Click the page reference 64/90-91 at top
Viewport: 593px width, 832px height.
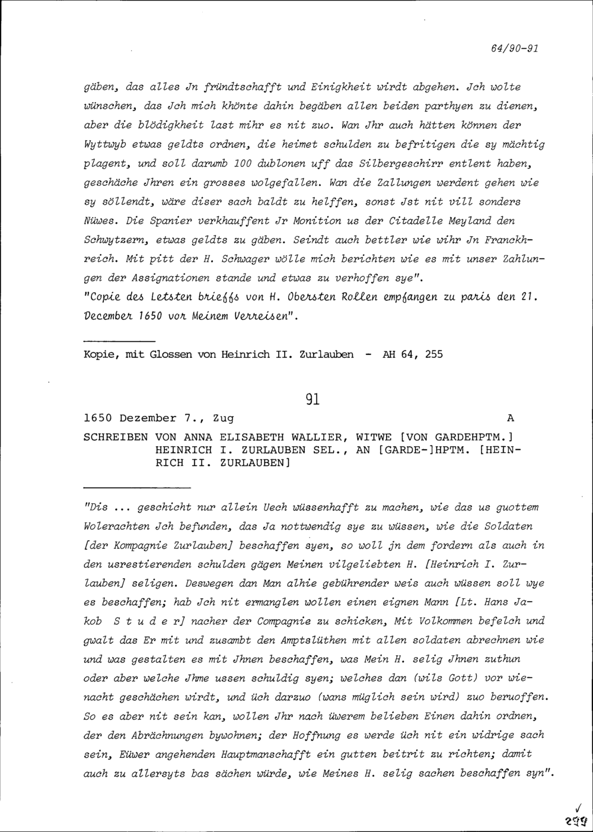click(515, 49)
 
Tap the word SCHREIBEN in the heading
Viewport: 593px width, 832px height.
click(116, 437)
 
